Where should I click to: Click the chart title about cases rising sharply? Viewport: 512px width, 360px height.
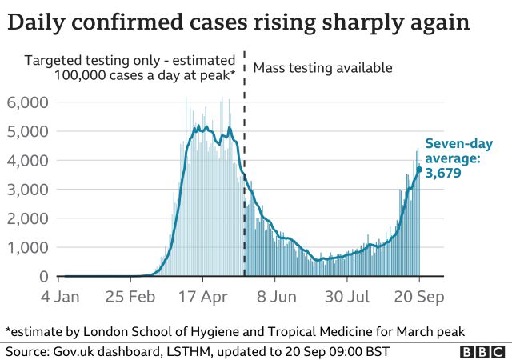(x=238, y=22)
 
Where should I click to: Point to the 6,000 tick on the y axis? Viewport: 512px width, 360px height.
(x=28, y=102)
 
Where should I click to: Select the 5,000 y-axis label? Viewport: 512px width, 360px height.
(x=28, y=131)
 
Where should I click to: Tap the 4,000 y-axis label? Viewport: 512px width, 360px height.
(x=28, y=160)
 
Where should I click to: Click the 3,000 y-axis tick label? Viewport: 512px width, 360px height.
(x=28, y=190)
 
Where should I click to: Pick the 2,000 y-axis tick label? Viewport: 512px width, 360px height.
(x=28, y=218)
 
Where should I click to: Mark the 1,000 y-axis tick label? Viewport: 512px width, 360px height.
(x=28, y=247)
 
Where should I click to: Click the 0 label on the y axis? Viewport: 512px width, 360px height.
(x=43, y=277)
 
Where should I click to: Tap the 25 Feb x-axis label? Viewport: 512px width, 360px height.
(x=130, y=297)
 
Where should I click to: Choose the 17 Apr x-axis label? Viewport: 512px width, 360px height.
(x=203, y=297)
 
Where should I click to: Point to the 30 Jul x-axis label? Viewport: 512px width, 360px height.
(x=347, y=297)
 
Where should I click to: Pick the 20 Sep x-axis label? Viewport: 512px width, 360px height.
(x=418, y=297)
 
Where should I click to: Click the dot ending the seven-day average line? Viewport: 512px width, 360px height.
(x=418, y=169)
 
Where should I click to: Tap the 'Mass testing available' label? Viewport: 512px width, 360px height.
(x=322, y=68)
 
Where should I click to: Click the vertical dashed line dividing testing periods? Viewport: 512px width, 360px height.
(x=243, y=160)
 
